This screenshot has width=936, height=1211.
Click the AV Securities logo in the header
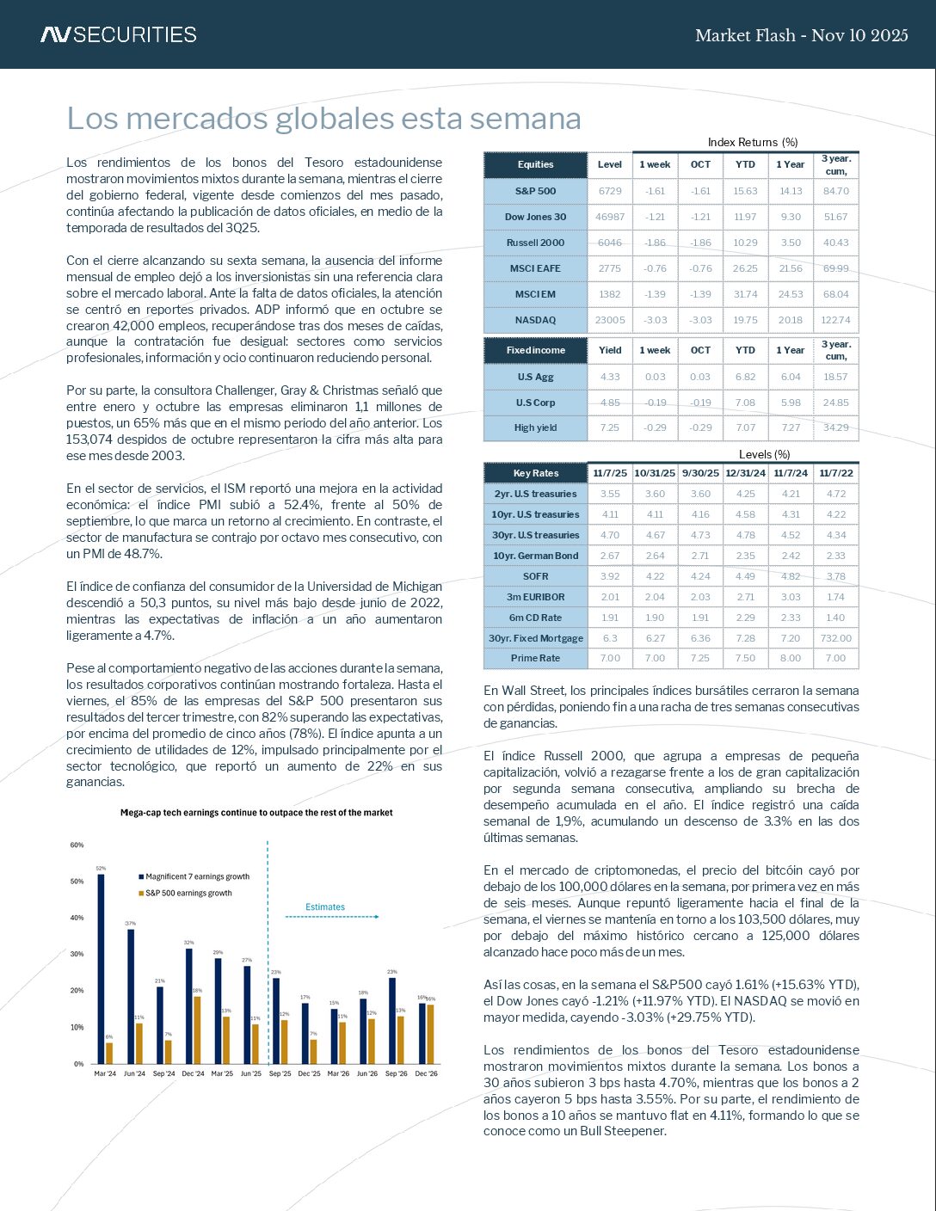pyautogui.click(x=119, y=34)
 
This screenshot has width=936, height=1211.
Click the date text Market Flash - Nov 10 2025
pyautogui.click(x=801, y=35)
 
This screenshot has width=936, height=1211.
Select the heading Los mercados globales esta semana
pyautogui.click(x=323, y=118)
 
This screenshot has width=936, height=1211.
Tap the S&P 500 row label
pyautogui.click(x=535, y=191)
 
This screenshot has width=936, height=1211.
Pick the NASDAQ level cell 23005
pyautogui.click(x=610, y=320)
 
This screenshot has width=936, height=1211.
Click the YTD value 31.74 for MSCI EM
pyautogui.click(x=745, y=294)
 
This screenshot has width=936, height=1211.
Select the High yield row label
pyautogui.click(x=535, y=427)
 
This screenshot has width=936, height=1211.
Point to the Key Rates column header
pyautogui.click(x=535, y=473)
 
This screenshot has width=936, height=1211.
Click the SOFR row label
pyautogui.click(x=535, y=576)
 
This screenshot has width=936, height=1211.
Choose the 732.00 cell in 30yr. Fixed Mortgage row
pyautogui.click(x=835, y=638)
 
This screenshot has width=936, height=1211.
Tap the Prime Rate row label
pyautogui.click(x=535, y=658)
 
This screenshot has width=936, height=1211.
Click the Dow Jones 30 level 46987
pyautogui.click(x=610, y=217)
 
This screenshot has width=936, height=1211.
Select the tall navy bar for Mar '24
pyautogui.click(x=101, y=968)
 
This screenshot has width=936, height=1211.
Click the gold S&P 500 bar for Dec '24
pyautogui.click(x=197, y=1030)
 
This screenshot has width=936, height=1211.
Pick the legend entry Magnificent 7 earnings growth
pyautogui.click(x=196, y=876)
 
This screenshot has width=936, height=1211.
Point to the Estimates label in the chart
pyautogui.click(x=325, y=907)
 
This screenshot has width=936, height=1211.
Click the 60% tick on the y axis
pyautogui.click(x=77, y=845)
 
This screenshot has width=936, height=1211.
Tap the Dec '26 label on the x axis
pyautogui.click(x=426, y=1073)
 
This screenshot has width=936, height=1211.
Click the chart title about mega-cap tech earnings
pyautogui.click(x=256, y=813)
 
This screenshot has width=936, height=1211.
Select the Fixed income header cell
pyautogui.click(x=535, y=350)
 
